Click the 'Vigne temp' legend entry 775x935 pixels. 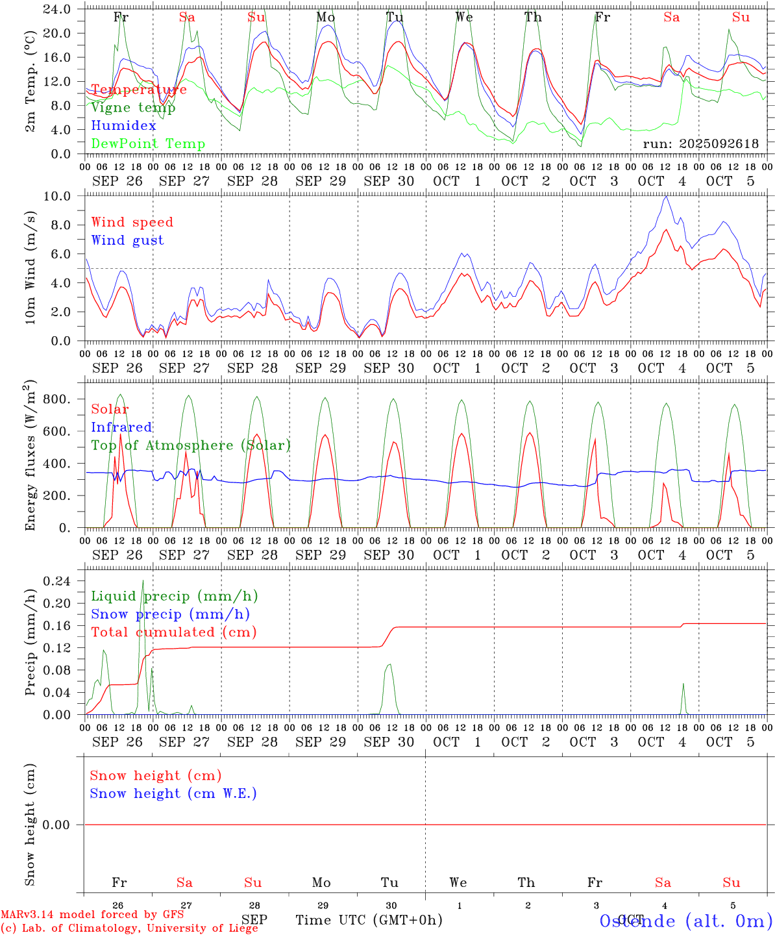133,108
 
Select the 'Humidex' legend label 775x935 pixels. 123,126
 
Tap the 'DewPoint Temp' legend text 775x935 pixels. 148,144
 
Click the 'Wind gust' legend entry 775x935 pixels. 127,240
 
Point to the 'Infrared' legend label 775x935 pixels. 121,427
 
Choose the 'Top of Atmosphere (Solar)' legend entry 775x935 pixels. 191,445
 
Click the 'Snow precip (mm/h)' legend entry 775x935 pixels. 170,614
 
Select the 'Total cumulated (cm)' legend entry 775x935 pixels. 173,632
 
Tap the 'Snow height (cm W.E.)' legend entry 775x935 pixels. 173,793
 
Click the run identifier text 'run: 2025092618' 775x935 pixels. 700,144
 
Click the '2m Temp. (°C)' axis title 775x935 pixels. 31,82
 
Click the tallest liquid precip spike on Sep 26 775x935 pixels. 143,580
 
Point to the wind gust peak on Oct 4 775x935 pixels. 665,196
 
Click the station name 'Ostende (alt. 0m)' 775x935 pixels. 686,921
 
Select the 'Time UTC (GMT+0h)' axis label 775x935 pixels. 369,920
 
